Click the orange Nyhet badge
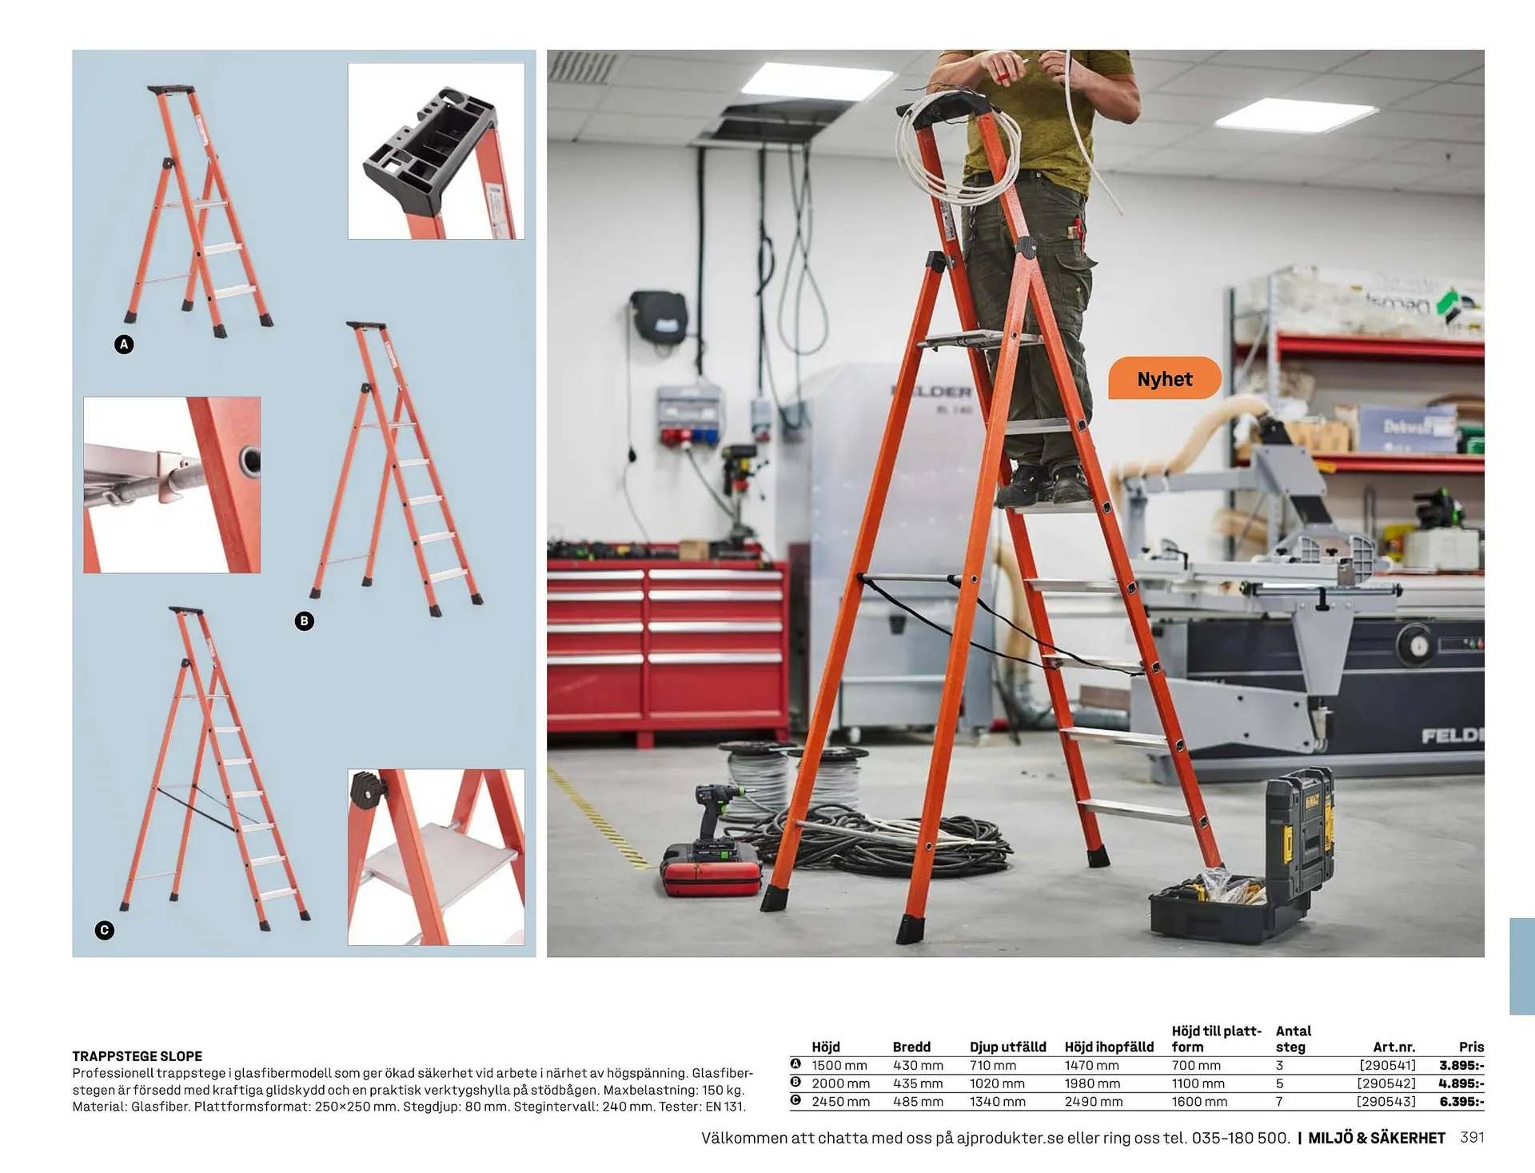click(x=1164, y=378)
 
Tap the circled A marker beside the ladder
click(x=124, y=345)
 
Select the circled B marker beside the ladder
click(x=304, y=621)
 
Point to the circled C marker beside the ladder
click(x=104, y=930)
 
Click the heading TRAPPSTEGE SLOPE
click(x=137, y=1056)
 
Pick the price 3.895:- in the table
click(x=1461, y=1065)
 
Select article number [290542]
click(x=1385, y=1083)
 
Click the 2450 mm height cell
click(x=839, y=1101)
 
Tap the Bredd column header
click(x=911, y=1047)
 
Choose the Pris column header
click(x=1470, y=1047)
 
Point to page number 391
click(x=1472, y=1137)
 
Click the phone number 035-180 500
click(x=1240, y=1138)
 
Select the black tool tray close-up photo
click(x=436, y=151)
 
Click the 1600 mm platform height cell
click(x=1198, y=1101)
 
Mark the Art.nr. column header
click(x=1393, y=1047)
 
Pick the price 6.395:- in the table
click(x=1461, y=1101)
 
